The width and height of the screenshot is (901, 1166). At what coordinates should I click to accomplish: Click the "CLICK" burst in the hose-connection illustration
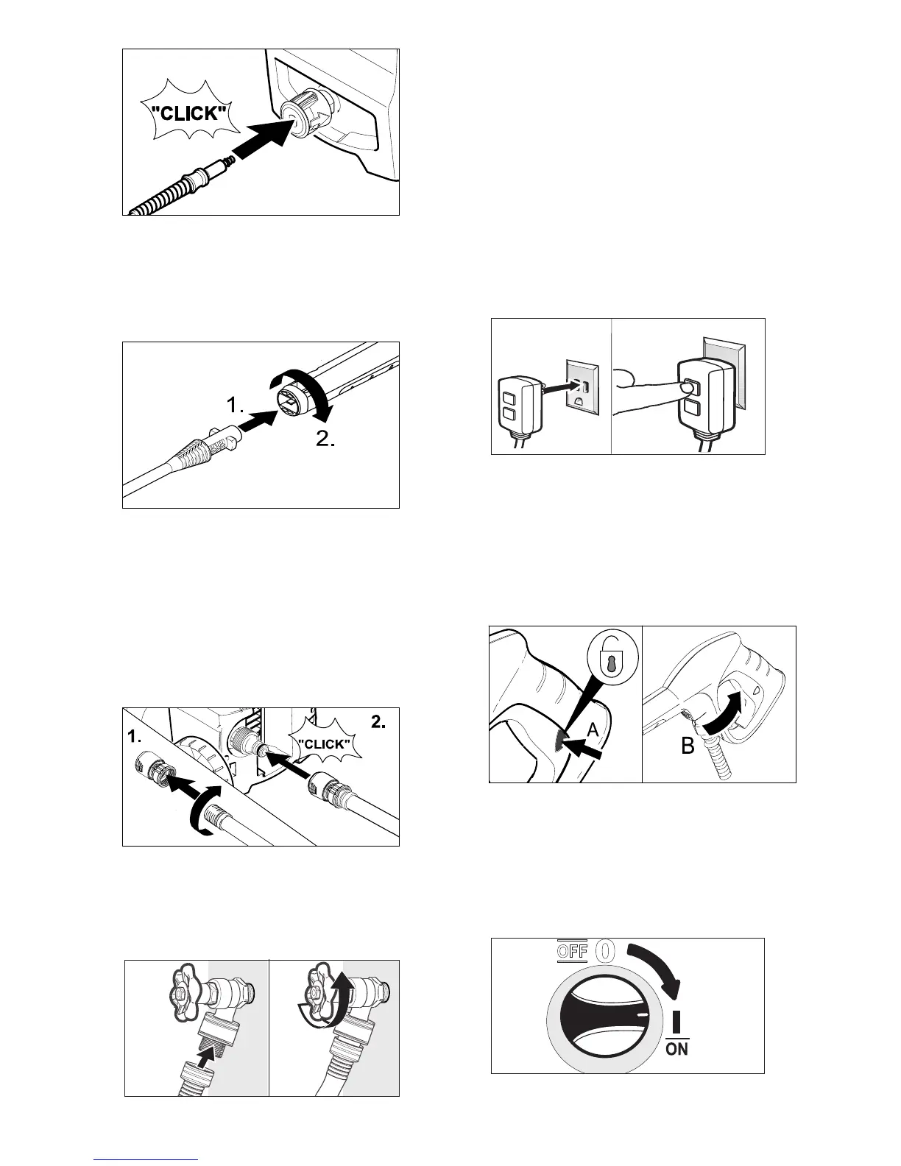(x=324, y=744)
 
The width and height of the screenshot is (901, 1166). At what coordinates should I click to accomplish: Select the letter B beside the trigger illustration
(x=687, y=746)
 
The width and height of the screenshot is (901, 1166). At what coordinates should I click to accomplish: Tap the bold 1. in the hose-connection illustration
(x=133, y=736)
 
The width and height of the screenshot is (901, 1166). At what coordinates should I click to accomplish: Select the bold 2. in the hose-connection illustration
(x=379, y=724)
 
